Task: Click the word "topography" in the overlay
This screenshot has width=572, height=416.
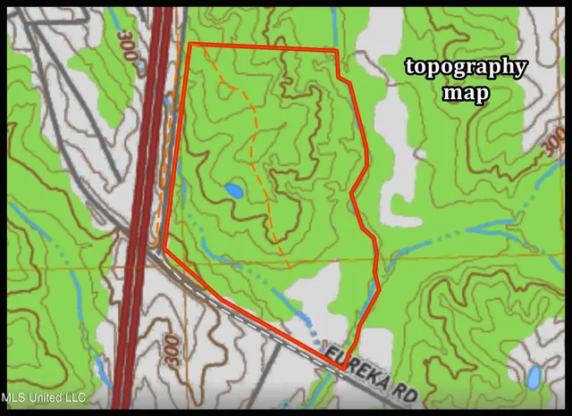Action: [465, 68]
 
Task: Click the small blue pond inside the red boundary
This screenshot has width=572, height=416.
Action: [233, 190]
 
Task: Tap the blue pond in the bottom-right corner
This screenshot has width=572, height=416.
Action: [534, 377]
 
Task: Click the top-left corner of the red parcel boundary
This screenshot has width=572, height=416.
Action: [190, 44]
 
